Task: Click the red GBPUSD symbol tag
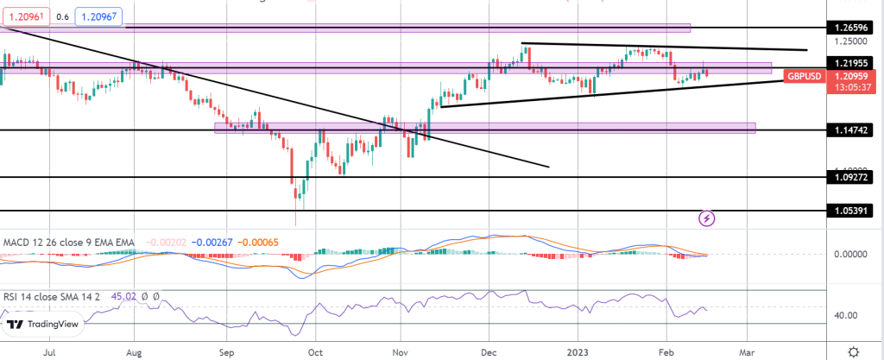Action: [805, 76]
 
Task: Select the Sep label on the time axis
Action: [226, 352]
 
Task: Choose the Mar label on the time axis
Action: [747, 352]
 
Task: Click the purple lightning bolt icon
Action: [707, 218]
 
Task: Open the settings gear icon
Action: [853, 351]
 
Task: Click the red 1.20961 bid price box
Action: [23, 16]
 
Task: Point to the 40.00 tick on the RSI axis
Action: [848, 315]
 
